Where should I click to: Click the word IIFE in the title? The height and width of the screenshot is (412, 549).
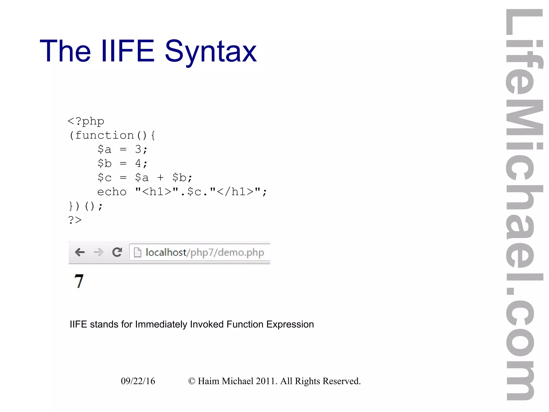[x=128, y=51]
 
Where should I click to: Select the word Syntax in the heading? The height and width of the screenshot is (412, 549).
[x=211, y=52]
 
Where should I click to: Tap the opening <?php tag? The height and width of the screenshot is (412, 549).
[x=86, y=121]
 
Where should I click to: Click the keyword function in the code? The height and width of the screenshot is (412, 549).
[x=104, y=135]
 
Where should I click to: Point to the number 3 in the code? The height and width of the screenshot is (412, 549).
[x=138, y=149]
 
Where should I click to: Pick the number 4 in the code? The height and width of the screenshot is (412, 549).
[x=138, y=163]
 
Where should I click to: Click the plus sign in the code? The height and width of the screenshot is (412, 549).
[x=160, y=177]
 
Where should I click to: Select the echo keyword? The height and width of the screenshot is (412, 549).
[x=112, y=192]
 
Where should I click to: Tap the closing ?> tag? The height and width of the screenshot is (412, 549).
[x=75, y=220]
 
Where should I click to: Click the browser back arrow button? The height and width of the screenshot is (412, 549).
[x=80, y=252]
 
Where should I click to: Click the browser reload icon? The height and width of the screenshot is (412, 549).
[x=117, y=252]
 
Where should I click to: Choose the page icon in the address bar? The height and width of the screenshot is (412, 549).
[x=138, y=252]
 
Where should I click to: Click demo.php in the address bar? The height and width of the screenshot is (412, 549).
[x=241, y=253]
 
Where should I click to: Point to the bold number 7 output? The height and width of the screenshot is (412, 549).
[x=79, y=281]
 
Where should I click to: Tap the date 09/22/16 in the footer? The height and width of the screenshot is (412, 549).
[x=138, y=381]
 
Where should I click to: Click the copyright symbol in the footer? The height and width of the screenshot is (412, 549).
[x=192, y=381]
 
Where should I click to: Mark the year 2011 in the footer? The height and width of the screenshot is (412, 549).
[x=266, y=381]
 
